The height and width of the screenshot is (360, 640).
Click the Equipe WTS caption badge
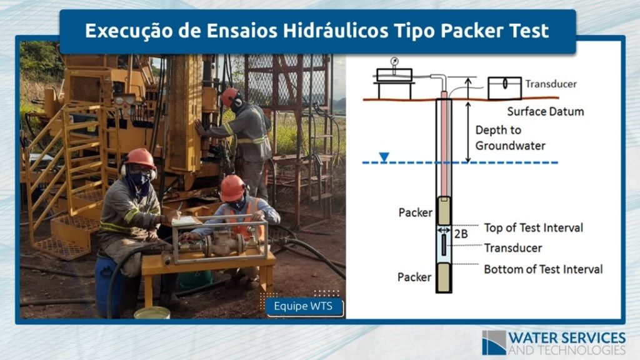coord(304,306)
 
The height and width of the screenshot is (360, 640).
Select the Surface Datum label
coord(545,111)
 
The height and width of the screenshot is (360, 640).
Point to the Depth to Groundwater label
coord(510,138)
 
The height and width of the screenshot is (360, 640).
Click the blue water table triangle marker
coord(384,157)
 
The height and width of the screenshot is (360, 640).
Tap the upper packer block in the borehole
coord(444,210)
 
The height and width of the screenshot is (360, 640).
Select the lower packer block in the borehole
coord(444,277)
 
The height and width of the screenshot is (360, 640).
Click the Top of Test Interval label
coord(534,227)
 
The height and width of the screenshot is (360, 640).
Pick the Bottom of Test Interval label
coord(543,269)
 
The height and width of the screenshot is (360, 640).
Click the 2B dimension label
coord(461,234)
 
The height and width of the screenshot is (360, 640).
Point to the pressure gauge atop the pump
coord(394,62)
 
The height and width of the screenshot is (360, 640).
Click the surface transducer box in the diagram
coord(504,87)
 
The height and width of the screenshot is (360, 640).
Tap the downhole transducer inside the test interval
coord(444,245)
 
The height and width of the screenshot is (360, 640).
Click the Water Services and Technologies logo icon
coord(494,342)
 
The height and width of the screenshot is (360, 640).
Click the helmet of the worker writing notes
coord(140,158)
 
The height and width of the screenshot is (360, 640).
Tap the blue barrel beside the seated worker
coord(107,285)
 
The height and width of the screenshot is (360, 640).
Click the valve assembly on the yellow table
coord(221,242)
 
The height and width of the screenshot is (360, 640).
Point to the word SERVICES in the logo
coord(594,338)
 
